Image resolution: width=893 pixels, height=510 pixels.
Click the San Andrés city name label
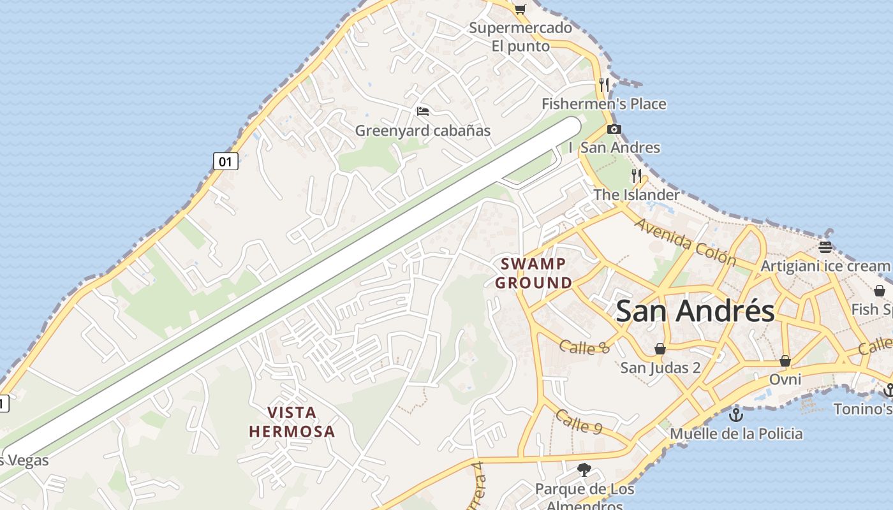pyautogui.click(x=695, y=311)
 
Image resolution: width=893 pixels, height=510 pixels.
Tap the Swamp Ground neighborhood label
pyautogui.click(x=533, y=273)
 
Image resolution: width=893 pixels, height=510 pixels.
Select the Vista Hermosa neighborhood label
pyautogui.click(x=292, y=421)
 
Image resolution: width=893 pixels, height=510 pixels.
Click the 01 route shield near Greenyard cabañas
pyautogui.click(x=225, y=161)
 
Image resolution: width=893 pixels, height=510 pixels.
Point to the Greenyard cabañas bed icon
pyautogui.click(x=422, y=112)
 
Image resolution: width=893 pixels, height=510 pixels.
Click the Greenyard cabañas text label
pyautogui.click(x=422, y=131)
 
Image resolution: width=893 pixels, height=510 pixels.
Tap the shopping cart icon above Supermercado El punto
pyautogui.click(x=520, y=9)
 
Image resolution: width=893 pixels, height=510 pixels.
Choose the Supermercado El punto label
pyautogui.click(x=520, y=37)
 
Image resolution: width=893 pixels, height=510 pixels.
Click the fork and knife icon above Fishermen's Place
pyautogui.click(x=603, y=84)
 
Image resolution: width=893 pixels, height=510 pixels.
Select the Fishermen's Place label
pyautogui.click(x=603, y=104)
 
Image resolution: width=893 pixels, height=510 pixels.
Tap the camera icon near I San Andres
pyautogui.click(x=614, y=129)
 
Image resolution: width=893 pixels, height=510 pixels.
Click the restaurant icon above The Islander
pyautogui.click(x=636, y=175)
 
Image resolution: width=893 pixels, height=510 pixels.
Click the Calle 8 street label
pyautogui.click(x=584, y=347)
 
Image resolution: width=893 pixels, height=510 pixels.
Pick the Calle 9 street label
pyautogui.click(x=579, y=421)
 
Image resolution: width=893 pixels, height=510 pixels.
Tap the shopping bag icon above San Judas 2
pyautogui.click(x=660, y=349)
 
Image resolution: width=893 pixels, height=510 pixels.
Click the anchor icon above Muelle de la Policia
pyautogui.click(x=736, y=414)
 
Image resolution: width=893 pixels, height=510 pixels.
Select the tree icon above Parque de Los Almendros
pyautogui.click(x=584, y=470)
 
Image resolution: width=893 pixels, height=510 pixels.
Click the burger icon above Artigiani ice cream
pyautogui.click(x=825, y=247)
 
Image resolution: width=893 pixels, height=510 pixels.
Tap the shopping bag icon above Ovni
pyautogui.click(x=785, y=361)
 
